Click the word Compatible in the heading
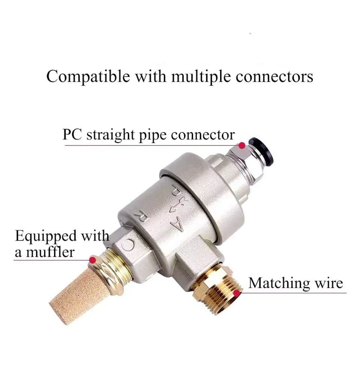[x=88, y=77]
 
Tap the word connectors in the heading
[x=274, y=77]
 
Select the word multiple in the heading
[x=201, y=77]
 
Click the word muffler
[x=50, y=252]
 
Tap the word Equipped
[x=46, y=237]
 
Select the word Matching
[x=279, y=284]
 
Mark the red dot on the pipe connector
[x=242, y=145]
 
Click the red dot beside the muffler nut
[x=93, y=260]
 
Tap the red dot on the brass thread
[x=236, y=293]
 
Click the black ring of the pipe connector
[x=261, y=149]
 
